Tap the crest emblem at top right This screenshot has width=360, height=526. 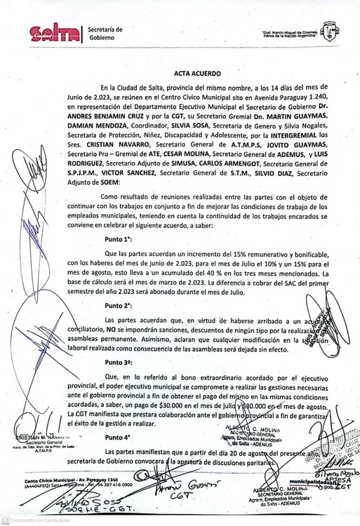(x=326, y=29)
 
